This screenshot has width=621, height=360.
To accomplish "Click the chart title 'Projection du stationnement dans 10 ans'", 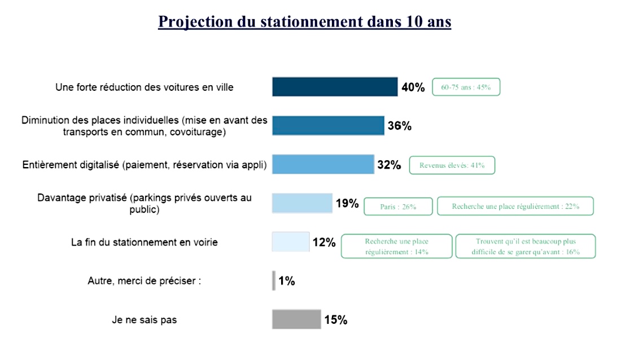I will [305, 21].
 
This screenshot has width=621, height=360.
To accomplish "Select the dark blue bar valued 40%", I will [335, 87].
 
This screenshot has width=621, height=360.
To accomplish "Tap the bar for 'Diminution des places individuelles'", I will [328, 125].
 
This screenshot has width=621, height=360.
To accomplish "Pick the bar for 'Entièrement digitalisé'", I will [323, 165].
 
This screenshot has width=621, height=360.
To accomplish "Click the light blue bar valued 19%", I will [302, 203].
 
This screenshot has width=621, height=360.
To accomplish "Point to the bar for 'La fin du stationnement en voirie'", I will [291, 242].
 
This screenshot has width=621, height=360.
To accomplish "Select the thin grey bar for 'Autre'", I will [274, 280].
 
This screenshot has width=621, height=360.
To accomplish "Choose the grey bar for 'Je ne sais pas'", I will [296, 319].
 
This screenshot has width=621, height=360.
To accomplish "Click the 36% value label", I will [400, 126].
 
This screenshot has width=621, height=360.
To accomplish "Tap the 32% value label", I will [389, 165].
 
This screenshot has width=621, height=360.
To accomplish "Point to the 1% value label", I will [287, 280].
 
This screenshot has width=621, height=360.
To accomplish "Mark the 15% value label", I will [335, 320].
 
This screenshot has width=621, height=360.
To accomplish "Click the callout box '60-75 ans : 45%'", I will [466, 87].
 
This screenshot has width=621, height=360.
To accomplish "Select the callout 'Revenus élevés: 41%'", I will [452, 165].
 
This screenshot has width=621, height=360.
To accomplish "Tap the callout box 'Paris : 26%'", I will [398, 207].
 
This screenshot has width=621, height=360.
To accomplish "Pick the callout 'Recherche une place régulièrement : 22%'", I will [516, 207].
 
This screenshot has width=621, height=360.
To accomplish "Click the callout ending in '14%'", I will [397, 247].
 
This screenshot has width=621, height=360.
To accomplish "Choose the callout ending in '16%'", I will [526, 247].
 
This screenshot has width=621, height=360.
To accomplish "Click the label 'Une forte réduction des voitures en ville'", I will [145, 87].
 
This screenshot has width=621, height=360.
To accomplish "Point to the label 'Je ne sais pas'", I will [144, 320].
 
